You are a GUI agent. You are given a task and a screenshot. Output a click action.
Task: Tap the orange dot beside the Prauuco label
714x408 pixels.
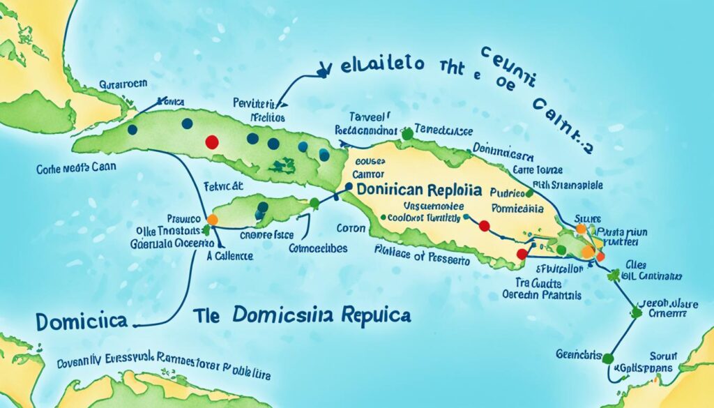(213, 220)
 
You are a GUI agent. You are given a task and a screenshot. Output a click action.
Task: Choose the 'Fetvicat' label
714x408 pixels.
(222, 186)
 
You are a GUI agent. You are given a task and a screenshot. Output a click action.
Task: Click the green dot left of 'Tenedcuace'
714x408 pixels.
(406, 132)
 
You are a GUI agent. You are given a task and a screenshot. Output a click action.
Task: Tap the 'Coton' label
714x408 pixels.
(351, 228)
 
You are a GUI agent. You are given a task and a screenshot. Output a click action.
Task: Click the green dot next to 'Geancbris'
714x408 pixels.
(607, 358)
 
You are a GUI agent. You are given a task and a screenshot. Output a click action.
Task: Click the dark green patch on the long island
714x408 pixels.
(282, 165)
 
